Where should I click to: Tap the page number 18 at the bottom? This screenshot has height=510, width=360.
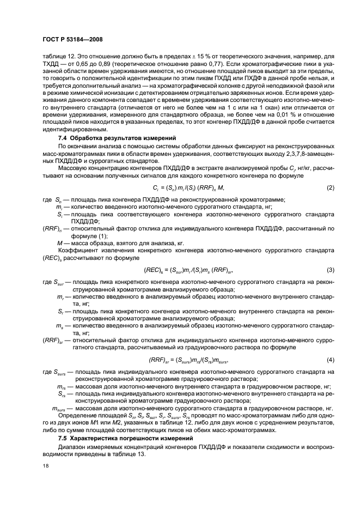(x=45, y=465)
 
